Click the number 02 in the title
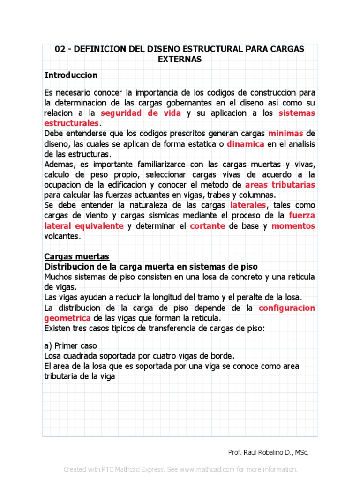(x=60, y=49)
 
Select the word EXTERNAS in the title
(x=180, y=60)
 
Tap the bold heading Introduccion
(x=71, y=75)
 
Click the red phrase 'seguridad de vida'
(x=141, y=113)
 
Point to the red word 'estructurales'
(x=71, y=123)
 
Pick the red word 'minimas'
(x=285, y=134)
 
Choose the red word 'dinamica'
(x=246, y=144)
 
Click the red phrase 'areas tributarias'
(x=280, y=185)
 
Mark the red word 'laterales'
(x=248, y=205)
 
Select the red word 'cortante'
(x=208, y=226)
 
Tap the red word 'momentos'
(x=293, y=226)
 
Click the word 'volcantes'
(x=62, y=236)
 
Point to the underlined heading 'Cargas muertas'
(x=76, y=256)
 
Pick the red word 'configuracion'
(x=287, y=308)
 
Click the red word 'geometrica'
(x=67, y=318)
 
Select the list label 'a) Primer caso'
(x=70, y=345)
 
